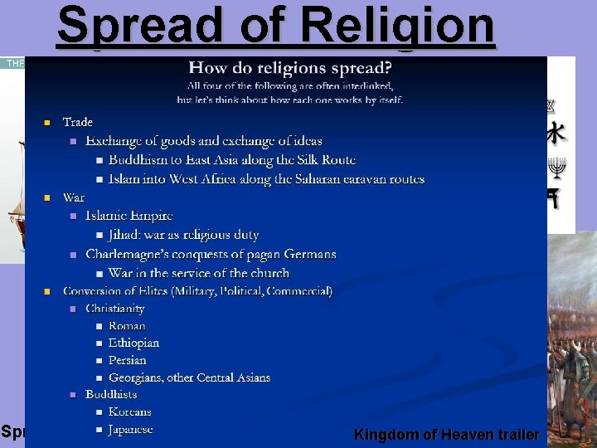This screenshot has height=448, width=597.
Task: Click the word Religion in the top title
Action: (x=398, y=25)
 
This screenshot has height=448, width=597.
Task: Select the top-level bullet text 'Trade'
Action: (x=78, y=123)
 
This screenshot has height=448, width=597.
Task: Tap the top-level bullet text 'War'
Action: (x=74, y=197)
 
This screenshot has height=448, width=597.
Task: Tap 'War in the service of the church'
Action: (x=199, y=273)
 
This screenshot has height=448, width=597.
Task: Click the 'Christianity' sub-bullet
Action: (x=115, y=309)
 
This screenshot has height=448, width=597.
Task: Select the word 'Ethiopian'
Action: (x=133, y=343)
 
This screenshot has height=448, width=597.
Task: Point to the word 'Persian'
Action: (x=128, y=360)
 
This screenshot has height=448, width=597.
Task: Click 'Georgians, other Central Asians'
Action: (x=189, y=377)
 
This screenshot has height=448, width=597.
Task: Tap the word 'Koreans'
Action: (x=130, y=411)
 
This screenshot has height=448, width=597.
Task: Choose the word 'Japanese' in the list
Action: (x=131, y=430)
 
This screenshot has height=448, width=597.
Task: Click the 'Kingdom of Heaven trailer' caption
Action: (x=446, y=435)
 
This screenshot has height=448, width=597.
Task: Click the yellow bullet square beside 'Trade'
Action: (x=47, y=123)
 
